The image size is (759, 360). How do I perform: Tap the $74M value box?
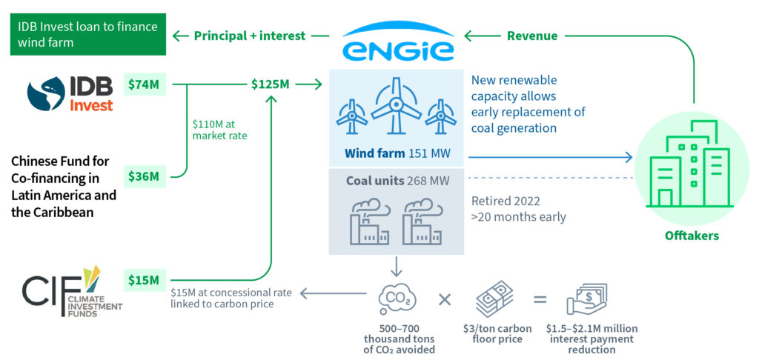point(144,84)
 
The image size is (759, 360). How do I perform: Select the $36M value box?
point(144,176)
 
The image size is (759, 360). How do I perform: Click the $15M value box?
point(144,279)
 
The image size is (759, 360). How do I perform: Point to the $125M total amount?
point(270,84)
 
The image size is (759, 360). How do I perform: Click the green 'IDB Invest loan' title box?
point(88,34)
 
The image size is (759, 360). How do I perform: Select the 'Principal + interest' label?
point(249,36)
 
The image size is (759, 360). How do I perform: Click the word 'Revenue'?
point(532,36)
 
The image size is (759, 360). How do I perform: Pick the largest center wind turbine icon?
point(397,107)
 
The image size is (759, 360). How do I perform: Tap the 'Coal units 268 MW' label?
point(397,181)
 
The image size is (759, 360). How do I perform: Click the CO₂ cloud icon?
point(397,299)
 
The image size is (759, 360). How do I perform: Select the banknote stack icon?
point(494,298)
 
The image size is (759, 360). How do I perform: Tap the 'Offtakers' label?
point(692,236)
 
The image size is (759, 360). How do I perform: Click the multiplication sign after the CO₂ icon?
point(445,299)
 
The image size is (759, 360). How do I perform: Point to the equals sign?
point(540,300)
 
